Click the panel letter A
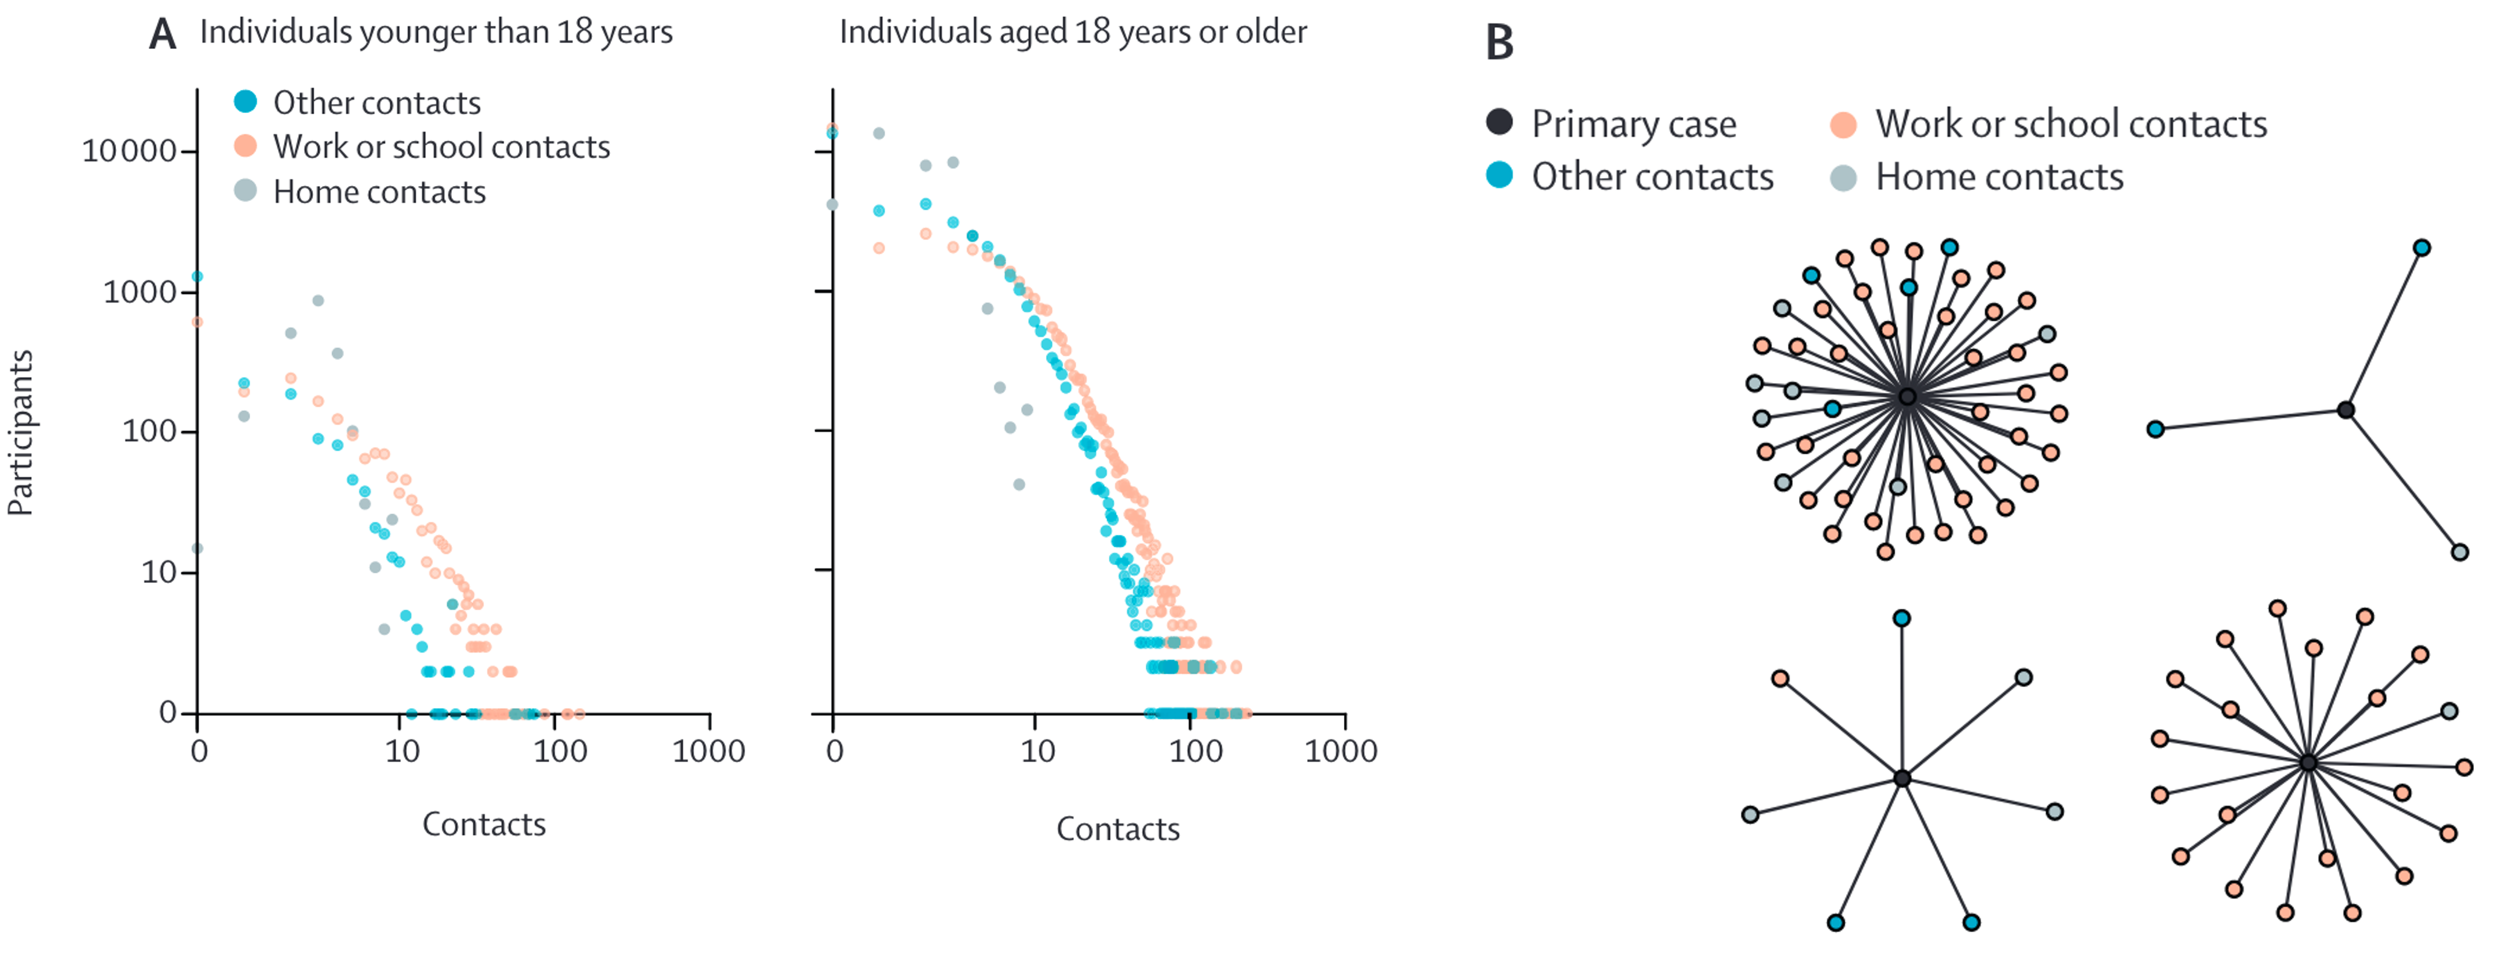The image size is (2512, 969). [162, 34]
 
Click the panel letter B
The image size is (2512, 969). [1499, 43]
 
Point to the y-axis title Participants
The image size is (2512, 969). [21, 432]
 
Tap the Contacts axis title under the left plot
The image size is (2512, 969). [483, 825]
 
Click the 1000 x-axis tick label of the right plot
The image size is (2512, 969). [1341, 752]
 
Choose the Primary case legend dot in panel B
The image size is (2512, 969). [1499, 123]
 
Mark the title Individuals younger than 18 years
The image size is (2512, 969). [436, 32]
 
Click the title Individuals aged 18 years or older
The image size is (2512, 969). [1073, 32]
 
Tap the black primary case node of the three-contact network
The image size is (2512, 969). [2345, 410]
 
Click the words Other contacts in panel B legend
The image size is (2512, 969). [1652, 178]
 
